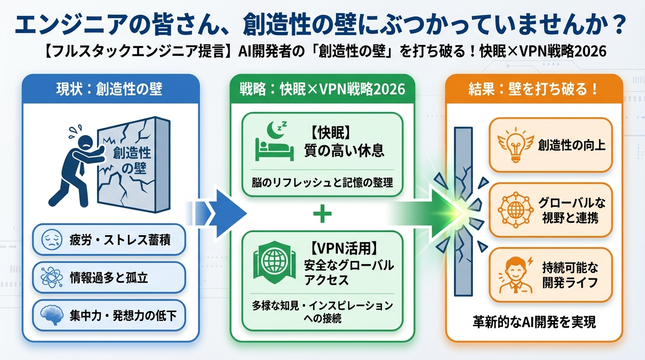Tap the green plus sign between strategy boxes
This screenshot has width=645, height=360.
(x=322, y=215)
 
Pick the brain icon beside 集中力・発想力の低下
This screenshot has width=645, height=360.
(x=52, y=315)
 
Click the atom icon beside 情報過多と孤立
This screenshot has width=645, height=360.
(x=51, y=277)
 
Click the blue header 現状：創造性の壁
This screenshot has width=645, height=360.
(x=111, y=89)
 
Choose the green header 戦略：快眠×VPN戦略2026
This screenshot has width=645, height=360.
(x=322, y=89)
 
